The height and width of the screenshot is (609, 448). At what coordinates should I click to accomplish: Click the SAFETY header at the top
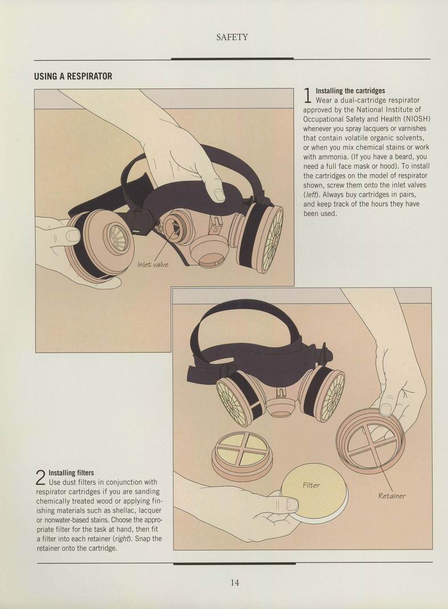(232, 37)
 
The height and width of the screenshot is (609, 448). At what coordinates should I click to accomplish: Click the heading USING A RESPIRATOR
(73, 76)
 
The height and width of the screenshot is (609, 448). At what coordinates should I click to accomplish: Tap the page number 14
(235, 582)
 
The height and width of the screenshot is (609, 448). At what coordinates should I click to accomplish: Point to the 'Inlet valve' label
(153, 264)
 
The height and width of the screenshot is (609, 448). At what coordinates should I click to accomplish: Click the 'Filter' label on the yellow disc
(311, 485)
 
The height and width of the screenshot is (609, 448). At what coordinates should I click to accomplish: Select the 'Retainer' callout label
(392, 496)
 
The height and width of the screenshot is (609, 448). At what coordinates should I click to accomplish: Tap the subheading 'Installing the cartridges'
(350, 91)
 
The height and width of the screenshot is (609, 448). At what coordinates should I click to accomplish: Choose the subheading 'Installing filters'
(71, 473)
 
